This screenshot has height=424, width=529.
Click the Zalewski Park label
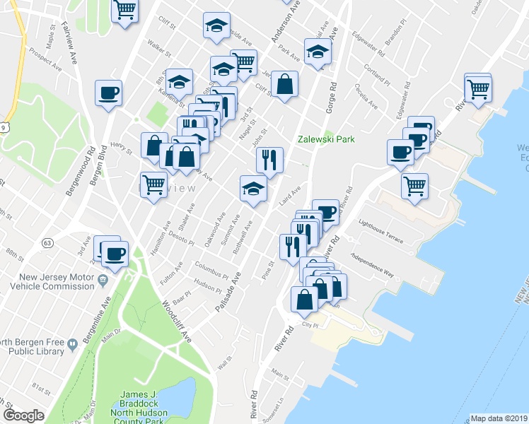(325, 139)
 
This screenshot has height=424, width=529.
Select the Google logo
(23, 416)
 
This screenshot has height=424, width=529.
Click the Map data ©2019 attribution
(499, 418)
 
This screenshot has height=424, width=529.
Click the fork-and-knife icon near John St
(269, 160)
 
